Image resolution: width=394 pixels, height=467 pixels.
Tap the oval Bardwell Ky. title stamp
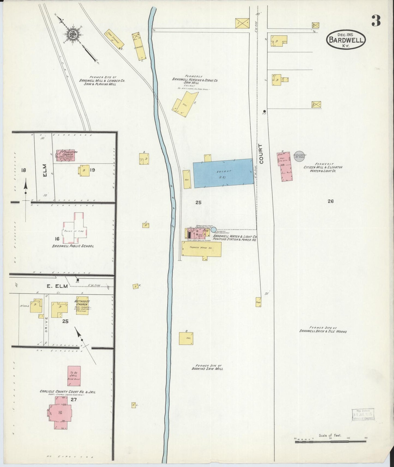pyautogui.click(x=346, y=40)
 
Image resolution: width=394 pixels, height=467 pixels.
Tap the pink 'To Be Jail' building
pyautogui.click(x=74, y=376)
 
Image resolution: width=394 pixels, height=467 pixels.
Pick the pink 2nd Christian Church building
pyautogui.click(x=66, y=155)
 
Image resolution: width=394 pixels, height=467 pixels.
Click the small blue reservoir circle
pyautogui.click(x=213, y=230)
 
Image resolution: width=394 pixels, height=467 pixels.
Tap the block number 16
pyautogui.click(x=57, y=239)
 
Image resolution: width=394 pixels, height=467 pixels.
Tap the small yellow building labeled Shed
pyautogui.click(x=258, y=302)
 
